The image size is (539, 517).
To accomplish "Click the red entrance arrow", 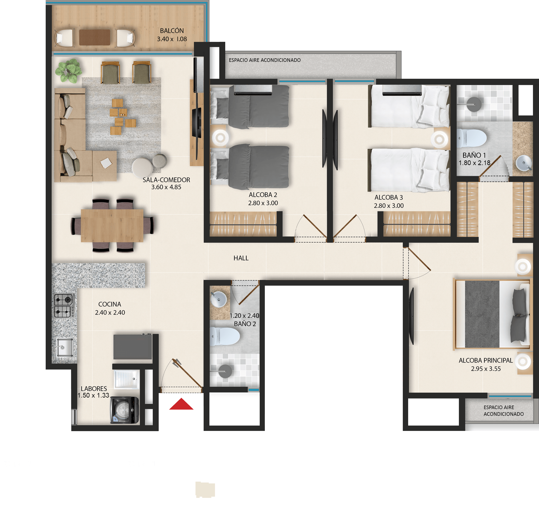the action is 181,404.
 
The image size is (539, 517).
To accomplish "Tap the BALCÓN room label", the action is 172,31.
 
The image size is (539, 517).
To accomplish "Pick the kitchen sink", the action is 65,347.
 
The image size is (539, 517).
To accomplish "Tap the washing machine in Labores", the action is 125,410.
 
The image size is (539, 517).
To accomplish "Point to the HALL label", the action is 241,258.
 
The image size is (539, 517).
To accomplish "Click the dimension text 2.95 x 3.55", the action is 486,369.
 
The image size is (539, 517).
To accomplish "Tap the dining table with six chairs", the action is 112,226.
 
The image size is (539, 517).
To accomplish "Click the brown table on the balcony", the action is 95,37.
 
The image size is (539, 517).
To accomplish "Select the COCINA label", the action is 110,304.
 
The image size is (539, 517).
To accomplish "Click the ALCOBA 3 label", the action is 389,197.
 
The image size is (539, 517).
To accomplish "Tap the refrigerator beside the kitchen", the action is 133,347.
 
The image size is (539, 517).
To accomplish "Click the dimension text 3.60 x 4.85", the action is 166,187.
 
